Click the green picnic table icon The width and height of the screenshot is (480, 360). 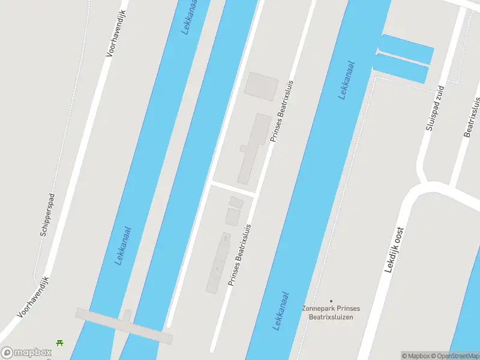pos(60,343)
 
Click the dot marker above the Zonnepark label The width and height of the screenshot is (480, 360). pos(331,301)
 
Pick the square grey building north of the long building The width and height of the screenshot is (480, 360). pos(261,84)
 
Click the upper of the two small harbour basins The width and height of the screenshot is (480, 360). pos(407,48)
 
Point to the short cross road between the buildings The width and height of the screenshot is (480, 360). pos(233,188)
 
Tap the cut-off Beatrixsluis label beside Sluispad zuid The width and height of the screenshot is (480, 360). pos(473,117)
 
